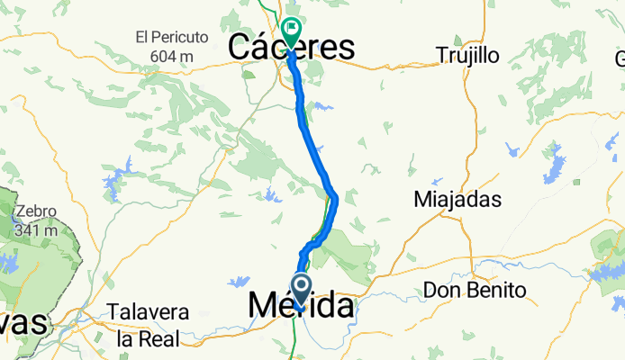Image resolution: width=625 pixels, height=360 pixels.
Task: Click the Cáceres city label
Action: [x=290, y=48]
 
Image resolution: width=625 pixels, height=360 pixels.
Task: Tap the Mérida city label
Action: [x=300, y=306]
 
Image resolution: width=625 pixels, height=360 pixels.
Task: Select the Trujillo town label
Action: [x=466, y=55]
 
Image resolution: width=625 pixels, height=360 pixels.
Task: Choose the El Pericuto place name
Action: [x=171, y=39]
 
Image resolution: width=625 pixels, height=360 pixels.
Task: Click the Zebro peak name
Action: [x=35, y=212]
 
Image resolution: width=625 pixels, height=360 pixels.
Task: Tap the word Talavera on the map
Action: [x=148, y=312]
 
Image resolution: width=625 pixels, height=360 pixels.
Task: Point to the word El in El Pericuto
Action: [x=142, y=39]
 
